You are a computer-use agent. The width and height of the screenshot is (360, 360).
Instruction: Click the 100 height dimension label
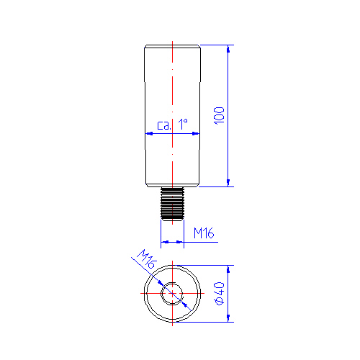tap(219, 115)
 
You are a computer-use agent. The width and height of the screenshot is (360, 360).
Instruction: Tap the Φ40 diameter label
tap(220, 293)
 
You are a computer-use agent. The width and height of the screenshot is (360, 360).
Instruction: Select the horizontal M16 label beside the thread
tap(204, 233)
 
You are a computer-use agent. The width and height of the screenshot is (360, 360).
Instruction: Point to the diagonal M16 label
tap(147, 258)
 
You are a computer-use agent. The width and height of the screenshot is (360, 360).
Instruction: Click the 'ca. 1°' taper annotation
tap(172, 125)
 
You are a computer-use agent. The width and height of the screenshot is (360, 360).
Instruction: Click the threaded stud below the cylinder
tap(172, 204)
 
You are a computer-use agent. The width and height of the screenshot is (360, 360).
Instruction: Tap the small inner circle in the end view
tap(172, 293)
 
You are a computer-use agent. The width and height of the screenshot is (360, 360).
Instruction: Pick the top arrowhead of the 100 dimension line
tap(228, 49)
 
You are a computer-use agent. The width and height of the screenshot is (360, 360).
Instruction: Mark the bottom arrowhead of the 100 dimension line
tap(228, 183)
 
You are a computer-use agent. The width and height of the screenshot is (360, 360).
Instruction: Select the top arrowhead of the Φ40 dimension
tap(228, 269)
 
